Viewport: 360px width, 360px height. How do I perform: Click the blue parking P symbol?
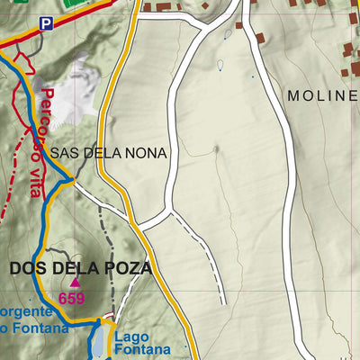tap(45, 25)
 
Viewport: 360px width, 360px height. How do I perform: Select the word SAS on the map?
tap(64, 154)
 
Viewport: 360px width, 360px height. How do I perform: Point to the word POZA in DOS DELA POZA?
tap(127, 268)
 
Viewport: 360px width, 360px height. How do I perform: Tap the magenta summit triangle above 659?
tap(75, 283)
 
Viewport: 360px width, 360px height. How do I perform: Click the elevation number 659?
tap(71, 299)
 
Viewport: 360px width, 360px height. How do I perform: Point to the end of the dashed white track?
tap(223, 302)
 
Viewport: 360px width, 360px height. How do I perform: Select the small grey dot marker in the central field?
tap(215, 148)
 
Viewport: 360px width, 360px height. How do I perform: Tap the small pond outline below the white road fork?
tap(220, 65)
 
